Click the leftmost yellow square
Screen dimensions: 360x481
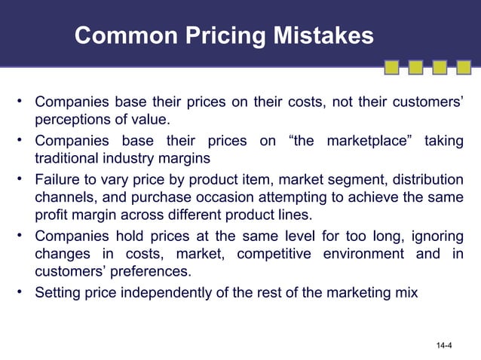392,68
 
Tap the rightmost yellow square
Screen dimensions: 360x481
463,68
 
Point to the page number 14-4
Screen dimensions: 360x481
443,346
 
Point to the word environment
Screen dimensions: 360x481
366,253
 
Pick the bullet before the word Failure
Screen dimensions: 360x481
23,179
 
